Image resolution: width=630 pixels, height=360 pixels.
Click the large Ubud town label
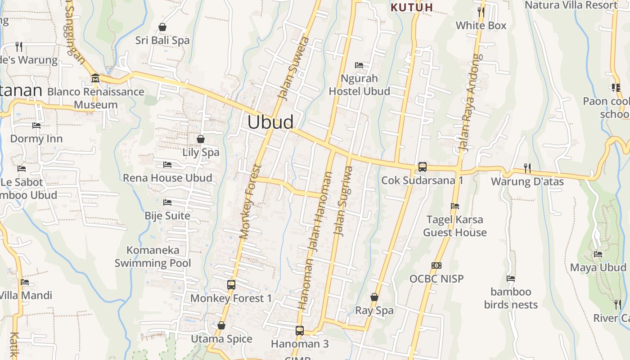click(270, 122)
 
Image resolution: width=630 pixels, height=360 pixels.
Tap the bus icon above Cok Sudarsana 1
click(422, 167)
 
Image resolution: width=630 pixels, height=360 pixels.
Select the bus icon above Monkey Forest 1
click(231, 285)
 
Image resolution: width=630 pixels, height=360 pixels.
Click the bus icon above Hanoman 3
click(300, 331)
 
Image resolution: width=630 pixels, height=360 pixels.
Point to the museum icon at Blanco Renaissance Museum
click(95, 78)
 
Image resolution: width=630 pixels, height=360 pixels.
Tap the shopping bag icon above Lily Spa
click(201, 139)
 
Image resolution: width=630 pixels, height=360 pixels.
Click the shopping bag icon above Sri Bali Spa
click(162, 27)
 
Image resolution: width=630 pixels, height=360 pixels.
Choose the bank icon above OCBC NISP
click(436, 265)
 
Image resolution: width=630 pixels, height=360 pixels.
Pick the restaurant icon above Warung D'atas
click(527, 168)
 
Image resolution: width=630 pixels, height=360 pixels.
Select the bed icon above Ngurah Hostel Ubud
click(359, 65)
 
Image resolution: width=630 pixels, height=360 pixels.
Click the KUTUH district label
click(412, 7)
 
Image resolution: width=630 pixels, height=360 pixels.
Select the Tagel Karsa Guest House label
click(455, 226)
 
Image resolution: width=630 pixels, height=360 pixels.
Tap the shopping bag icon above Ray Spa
click(374, 297)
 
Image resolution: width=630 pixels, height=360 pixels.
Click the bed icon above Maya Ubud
click(598, 254)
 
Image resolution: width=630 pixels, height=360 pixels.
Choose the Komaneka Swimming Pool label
click(153, 256)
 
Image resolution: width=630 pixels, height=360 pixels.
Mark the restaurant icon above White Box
click(481, 12)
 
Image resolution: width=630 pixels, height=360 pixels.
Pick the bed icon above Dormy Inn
click(36, 126)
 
